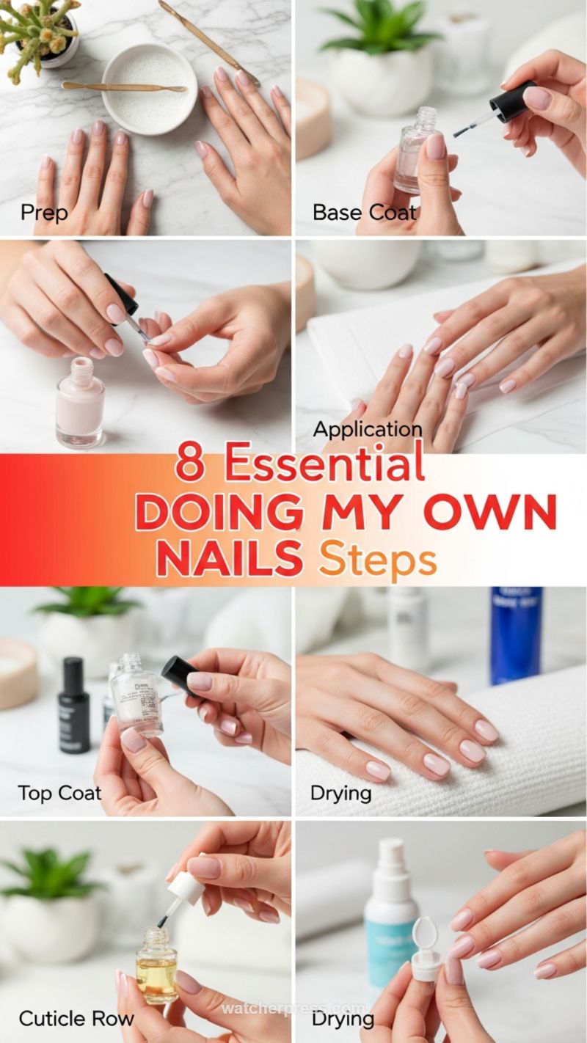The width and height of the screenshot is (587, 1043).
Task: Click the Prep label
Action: click(x=44, y=213)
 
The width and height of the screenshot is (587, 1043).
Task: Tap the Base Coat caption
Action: click(x=364, y=213)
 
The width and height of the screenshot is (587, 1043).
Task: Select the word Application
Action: click(x=368, y=429)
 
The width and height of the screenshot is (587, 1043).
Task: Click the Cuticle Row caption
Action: click(x=76, y=1019)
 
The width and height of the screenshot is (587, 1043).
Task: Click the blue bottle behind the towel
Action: click(x=516, y=634)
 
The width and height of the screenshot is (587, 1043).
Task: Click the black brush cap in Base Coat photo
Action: click(x=514, y=102)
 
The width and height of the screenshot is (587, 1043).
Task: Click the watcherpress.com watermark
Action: click(x=293, y=1009)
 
